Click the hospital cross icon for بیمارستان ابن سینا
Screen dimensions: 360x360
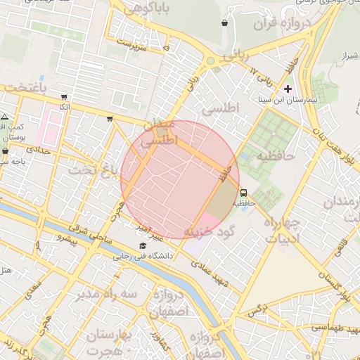coord(288,89)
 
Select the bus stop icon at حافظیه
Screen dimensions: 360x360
coord(243,192)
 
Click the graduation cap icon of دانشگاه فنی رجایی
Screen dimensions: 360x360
coord(143,245)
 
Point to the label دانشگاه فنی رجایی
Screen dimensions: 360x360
coord(143,257)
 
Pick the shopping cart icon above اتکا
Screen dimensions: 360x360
coord(65,97)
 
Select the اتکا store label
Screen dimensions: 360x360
coord(65,107)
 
